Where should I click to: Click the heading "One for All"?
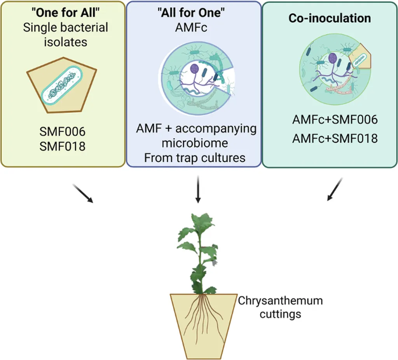65,12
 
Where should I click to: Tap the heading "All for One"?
191,12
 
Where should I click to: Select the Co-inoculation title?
330,18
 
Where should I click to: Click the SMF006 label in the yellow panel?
63,131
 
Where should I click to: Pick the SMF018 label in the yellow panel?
63,146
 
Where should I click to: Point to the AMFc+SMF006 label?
335,120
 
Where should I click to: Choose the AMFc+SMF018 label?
335,138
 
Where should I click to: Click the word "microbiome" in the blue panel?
195,143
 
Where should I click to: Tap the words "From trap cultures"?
195,158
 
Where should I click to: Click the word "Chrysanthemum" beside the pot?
280,301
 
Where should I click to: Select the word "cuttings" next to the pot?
280,314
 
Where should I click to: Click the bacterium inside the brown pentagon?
62,85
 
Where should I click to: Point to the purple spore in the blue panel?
194,68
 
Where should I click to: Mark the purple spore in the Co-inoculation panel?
333,58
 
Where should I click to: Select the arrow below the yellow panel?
83,194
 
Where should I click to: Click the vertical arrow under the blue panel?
198,189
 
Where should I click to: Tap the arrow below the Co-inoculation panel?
335,189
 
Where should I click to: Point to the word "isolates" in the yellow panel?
66,42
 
